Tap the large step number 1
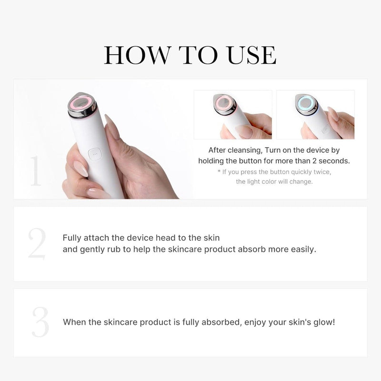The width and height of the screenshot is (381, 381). [x=35, y=170]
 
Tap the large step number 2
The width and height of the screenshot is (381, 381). [x=37, y=243]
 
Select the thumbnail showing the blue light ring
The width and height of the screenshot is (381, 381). [x=315, y=115]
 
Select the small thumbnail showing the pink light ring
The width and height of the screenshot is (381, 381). [x=233, y=115]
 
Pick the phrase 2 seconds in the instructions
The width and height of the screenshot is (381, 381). [x=327, y=161]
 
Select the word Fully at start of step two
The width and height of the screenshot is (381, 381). [x=72, y=238]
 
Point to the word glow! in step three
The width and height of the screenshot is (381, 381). [x=324, y=322]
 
